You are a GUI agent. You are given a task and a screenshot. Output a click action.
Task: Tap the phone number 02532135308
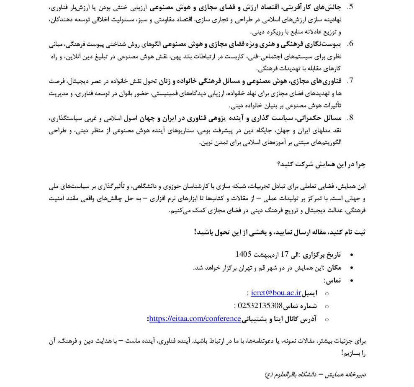[260, 306]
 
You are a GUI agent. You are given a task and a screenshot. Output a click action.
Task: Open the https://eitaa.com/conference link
[195, 319]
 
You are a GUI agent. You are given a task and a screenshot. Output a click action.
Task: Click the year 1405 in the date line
[243, 254]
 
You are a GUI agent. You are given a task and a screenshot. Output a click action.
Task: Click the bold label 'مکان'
[334, 267]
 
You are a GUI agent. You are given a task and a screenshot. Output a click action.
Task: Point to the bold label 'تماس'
[332, 280]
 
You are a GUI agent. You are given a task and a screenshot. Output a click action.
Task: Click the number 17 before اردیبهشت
[285, 254]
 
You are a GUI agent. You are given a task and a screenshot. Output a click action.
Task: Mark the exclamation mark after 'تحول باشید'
[195, 232]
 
